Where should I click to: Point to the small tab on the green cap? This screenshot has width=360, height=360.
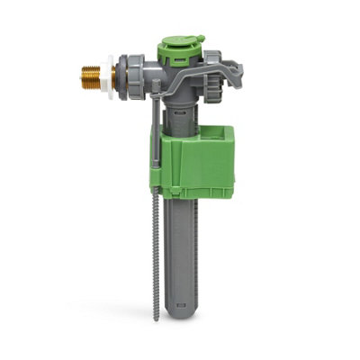pyautogui.click(x=200, y=40)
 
